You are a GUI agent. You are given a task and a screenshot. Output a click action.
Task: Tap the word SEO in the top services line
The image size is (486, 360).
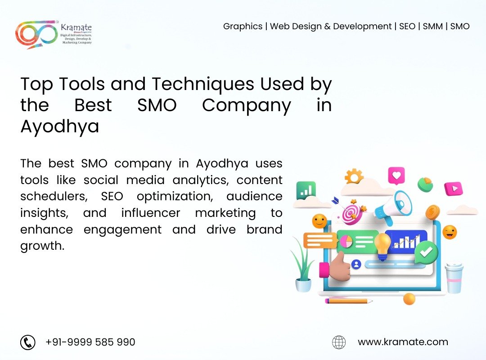tap(407, 27)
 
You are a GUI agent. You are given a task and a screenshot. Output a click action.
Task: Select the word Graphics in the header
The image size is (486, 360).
tap(243, 27)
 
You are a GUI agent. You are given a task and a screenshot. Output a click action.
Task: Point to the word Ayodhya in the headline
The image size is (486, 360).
tap(60, 127)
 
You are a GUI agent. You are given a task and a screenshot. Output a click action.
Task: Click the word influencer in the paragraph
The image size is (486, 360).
tap(151, 213)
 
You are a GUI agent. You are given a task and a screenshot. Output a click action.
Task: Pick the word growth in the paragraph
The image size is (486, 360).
tap(42, 246)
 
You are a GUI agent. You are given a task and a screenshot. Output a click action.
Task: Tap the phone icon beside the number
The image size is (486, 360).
tap(28, 342)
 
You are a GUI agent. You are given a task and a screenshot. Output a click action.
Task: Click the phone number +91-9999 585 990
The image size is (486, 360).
tap(90, 342)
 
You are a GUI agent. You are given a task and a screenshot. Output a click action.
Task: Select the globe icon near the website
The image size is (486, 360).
tap(339, 342)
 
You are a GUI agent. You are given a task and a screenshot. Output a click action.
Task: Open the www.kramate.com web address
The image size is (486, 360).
tap(403, 342)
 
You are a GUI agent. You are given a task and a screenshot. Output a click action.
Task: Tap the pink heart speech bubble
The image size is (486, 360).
tap(396, 176)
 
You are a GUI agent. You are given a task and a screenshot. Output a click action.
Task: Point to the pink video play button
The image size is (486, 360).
tap(454, 189)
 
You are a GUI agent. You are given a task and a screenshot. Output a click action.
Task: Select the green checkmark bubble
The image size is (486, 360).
tap(426, 252)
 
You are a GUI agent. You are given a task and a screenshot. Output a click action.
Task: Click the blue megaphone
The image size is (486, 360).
tap(393, 207)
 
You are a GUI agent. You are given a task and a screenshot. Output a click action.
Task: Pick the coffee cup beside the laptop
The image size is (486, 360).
tap(454, 278)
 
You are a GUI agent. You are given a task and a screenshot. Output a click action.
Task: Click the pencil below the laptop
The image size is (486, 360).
tap(349, 301)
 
